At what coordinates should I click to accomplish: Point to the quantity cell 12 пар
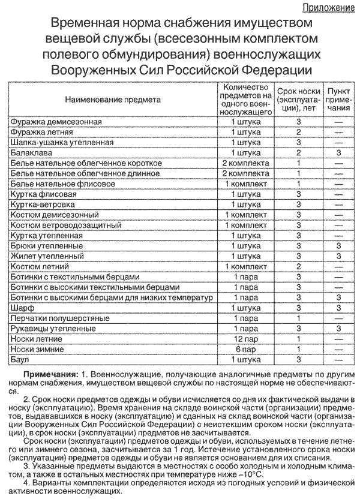245,338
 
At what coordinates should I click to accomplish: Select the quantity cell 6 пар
245,349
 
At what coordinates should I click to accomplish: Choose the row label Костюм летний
40,266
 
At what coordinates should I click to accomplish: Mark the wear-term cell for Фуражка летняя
298,132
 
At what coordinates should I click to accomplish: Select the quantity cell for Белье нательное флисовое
245,184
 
